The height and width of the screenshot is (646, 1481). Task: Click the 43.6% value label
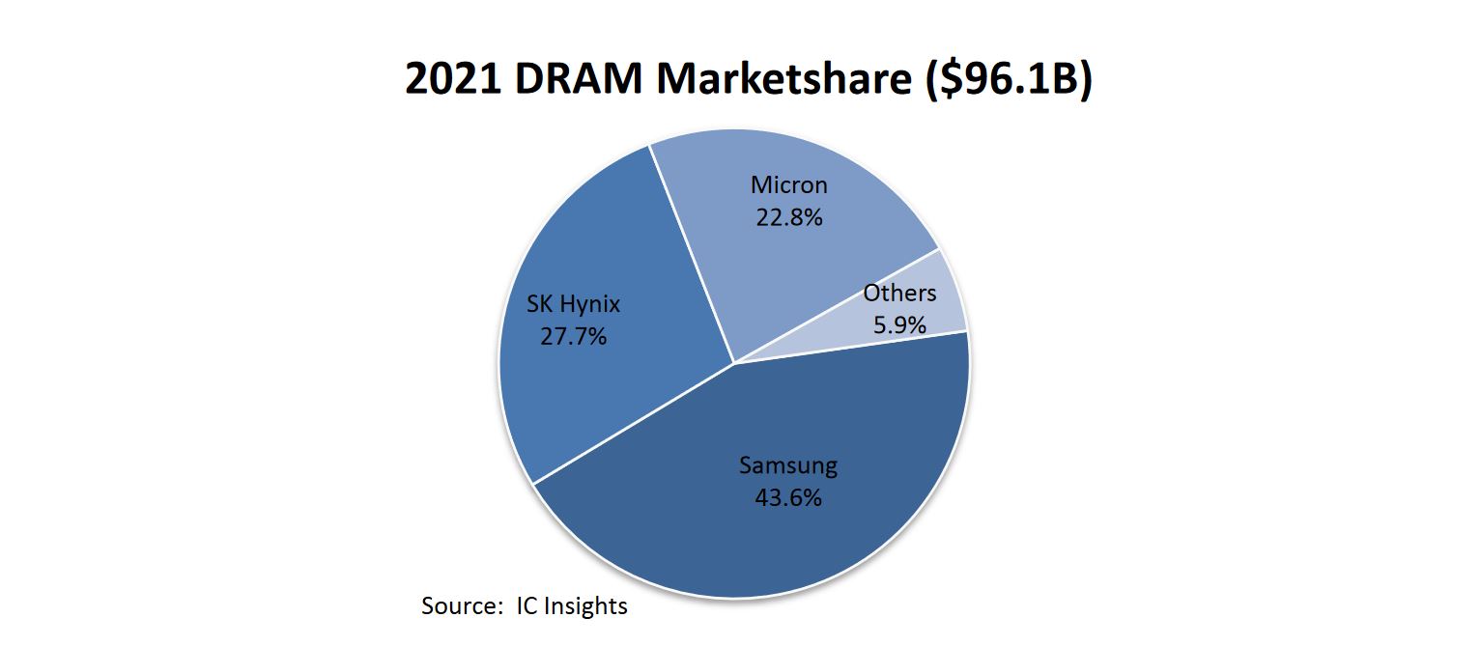coord(787,498)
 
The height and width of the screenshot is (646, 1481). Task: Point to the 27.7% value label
coord(573,337)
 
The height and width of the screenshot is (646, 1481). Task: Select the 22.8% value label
coord(788,217)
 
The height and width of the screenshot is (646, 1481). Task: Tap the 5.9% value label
coord(899,325)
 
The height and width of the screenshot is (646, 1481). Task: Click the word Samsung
coord(787,465)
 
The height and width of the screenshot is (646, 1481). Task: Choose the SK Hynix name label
coord(573,304)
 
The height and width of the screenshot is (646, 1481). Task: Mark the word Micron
coord(788,184)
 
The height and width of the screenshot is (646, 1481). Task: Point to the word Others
coord(899,293)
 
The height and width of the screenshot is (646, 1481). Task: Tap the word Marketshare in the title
coord(783,79)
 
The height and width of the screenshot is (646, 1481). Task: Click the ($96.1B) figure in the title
coord(1005,79)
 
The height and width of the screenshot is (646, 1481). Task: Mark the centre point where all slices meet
coord(734,363)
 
